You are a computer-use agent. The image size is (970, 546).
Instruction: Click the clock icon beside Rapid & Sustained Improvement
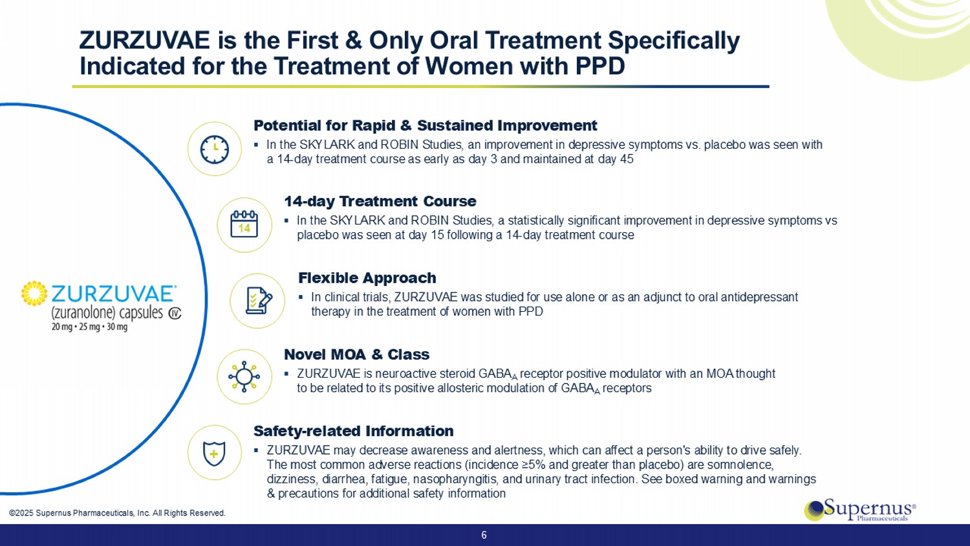(x=214, y=149)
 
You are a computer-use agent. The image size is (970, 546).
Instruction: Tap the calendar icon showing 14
(x=244, y=224)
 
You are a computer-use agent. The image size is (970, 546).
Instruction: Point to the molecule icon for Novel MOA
(x=244, y=377)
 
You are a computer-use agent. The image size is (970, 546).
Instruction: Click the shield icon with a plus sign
(x=214, y=453)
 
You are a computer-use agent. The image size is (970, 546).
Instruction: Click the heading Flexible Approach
(x=367, y=278)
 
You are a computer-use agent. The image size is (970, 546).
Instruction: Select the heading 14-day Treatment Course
(x=380, y=201)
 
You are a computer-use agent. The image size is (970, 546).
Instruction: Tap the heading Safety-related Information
(x=353, y=431)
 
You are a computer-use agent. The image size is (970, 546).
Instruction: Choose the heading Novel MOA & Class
(x=356, y=354)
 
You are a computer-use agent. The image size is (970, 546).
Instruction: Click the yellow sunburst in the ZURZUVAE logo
(x=34, y=293)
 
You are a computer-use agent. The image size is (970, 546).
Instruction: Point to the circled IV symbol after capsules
(x=175, y=313)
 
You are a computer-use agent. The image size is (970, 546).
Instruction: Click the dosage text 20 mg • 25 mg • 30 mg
(x=90, y=327)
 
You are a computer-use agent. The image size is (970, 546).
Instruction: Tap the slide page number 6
(x=484, y=535)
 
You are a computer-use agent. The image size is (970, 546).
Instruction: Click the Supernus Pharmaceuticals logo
(x=860, y=510)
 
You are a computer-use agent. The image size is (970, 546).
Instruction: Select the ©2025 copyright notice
(x=117, y=513)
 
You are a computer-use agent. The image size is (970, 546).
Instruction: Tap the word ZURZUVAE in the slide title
(x=145, y=40)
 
